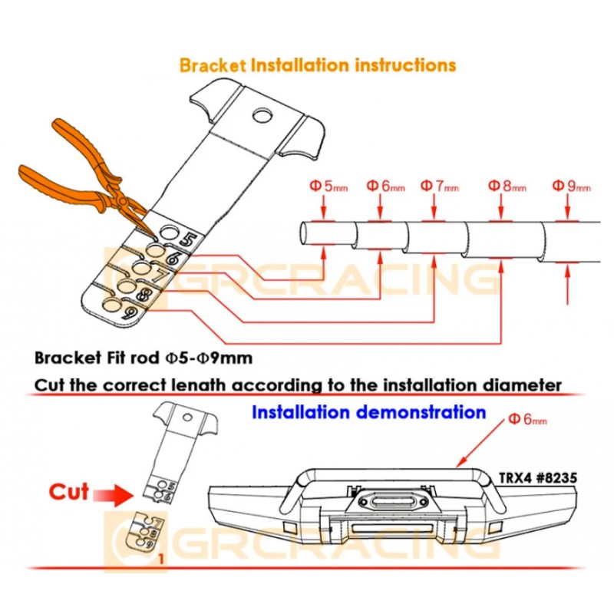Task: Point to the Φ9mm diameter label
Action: (572, 185)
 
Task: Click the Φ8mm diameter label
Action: (508, 185)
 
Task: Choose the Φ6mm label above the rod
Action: (385, 185)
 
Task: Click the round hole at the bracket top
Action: (262, 116)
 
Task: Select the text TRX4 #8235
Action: (545, 477)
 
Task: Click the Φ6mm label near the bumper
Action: (528, 419)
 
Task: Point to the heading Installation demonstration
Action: (369, 412)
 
